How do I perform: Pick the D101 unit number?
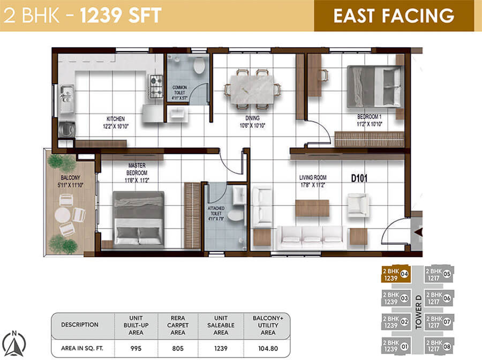click(361, 177)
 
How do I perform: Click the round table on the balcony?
click(63, 215)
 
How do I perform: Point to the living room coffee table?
click(312, 208)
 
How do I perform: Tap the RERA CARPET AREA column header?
click(177, 325)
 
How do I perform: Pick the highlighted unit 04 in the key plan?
click(396, 274)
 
